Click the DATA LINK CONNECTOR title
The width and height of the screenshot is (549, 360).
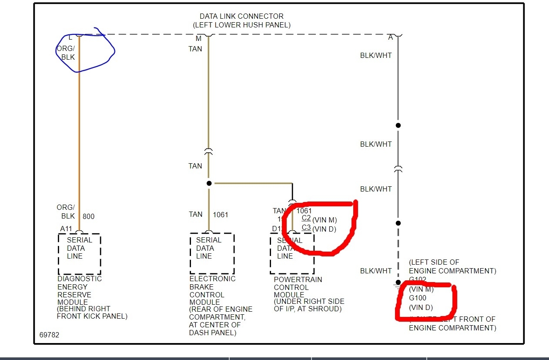click(x=241, y=17)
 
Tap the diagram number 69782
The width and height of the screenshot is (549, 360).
click(x=49, y=335)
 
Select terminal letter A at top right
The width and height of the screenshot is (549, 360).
click(x=391, y=38)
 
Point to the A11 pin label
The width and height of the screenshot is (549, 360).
click(x=66, y=229)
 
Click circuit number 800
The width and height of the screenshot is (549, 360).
click(x=88, y=216)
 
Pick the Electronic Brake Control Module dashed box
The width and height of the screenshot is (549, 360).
click(x=212, y=253)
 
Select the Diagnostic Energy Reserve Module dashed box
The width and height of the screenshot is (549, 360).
click(x=79, y=253)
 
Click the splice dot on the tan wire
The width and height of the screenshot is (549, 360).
click(x=209, y=183)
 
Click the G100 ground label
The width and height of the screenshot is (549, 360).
click(x=418, y=298)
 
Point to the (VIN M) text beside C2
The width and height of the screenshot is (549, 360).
click(x=324, y=220)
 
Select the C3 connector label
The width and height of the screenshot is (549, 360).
click(x=306, y=228)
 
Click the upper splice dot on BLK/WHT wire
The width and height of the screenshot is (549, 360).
click(x=398, y=125)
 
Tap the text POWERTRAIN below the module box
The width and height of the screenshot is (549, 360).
click(x=298, y=279)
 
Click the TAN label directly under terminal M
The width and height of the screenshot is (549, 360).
click(x=195, y=49)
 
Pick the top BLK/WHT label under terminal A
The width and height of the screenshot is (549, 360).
click(x=376, y=56)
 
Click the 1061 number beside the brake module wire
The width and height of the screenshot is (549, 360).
click(x=220, y=215)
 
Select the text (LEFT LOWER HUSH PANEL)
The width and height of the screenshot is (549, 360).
click(x=241, y=25)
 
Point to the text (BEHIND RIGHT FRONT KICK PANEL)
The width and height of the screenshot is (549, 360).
click(x=92, y=313)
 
